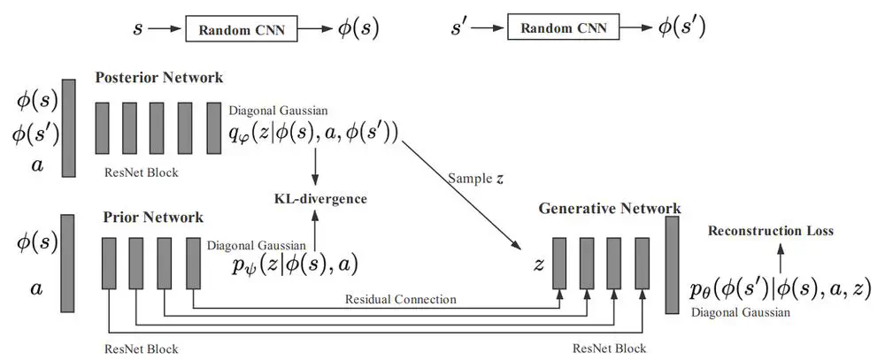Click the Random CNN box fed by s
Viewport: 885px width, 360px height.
[240, 28]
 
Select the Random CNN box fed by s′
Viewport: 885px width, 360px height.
[563, 28]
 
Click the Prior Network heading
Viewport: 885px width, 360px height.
[153, 217]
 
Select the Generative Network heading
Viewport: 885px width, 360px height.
[609, 209]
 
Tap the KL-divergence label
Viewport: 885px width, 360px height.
[319, 199]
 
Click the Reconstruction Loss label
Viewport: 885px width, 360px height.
[769, 231]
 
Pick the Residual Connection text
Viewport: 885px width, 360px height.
[400, 299]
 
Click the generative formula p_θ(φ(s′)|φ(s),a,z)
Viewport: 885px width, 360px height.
[781, 287]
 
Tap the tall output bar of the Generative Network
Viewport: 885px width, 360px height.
[672, 264]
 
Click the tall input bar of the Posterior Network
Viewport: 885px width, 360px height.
[69, 128]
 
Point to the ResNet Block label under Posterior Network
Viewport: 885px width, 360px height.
[141, 172]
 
